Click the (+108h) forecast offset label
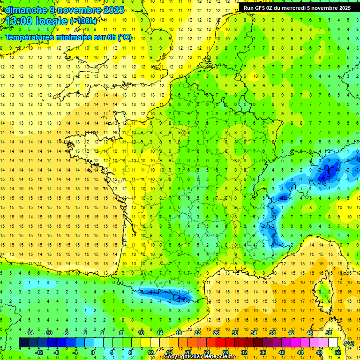point(83,21)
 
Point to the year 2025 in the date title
point(113,10)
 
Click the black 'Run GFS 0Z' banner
point(297,8)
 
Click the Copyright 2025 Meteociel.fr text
point(199,357)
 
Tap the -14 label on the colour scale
point(30,333)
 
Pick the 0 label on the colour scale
point(93,352)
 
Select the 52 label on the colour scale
point(338,352)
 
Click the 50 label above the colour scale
point(329,333)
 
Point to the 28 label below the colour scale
point(225,352)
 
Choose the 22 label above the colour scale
point(197,333)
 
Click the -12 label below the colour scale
point(39,352)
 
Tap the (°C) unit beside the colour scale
point(349,343)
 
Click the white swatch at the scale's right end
point(333,343)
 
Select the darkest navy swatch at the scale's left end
point(23,343)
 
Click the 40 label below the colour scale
point(282,352)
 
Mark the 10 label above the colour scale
point(141,333)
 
